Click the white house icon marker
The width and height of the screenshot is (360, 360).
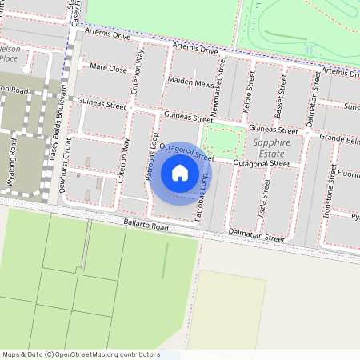(x=180, y=173)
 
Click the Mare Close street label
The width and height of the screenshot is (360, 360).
(x=110, y=70)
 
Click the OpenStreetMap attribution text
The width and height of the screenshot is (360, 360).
(x=81, y=354)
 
